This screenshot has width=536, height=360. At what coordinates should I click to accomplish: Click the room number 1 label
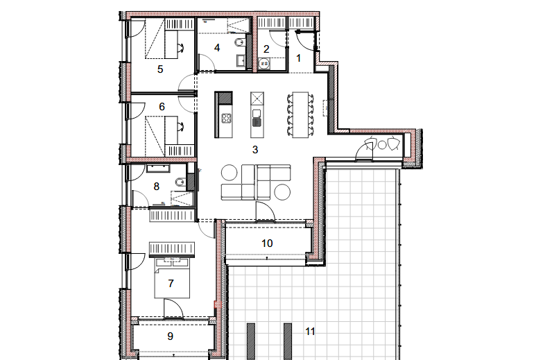(x=298, y=58)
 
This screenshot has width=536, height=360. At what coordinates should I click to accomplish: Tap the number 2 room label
(x=267, y=49)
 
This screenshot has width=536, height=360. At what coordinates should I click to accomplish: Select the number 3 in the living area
(x=255, y=150)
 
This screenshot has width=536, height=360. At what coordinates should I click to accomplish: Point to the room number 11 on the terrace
(x=310, y=332)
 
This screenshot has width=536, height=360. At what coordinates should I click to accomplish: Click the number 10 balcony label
(x=267, y=243)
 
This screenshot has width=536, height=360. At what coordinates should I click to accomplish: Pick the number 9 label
(x=171, y=336)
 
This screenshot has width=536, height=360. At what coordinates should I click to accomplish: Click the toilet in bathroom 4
(x=240, y=43)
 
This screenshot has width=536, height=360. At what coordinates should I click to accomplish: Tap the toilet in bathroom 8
(x=180, y=182)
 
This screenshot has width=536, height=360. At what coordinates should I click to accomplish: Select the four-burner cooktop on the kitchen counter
(x=226, y=119)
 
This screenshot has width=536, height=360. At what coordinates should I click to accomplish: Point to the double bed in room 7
(x=172, y=277)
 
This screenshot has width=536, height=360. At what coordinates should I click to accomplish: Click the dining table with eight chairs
(x=300, y=114)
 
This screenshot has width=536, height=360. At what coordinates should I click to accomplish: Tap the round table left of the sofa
(x=229, y=173)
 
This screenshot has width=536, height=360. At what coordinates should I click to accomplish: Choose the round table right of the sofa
(x=282, y=192)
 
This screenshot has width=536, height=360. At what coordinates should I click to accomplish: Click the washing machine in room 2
(x=265, y=64)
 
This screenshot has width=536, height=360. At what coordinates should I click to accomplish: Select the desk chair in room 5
(x=181, y=48)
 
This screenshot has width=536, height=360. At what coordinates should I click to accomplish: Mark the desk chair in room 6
(x=181, y=126)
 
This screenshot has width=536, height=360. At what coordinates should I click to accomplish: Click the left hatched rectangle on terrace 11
(x=251, y=341)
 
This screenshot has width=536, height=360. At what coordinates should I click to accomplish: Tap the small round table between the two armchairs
(x=382, y=145)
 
